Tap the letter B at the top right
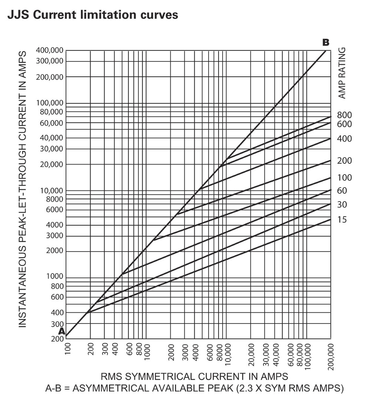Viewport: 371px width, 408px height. click(326, 43)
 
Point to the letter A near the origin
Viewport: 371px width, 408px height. click(61, 331)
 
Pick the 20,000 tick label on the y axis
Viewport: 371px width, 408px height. click(50, 164)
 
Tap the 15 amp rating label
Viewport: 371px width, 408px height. click(342, 220)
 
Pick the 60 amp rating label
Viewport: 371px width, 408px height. click(342, 191)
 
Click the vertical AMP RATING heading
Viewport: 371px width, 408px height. click(342, 73)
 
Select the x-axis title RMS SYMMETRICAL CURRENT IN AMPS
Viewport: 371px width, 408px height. click(194, 377)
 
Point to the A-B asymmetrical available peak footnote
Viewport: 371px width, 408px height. click(194, 389)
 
